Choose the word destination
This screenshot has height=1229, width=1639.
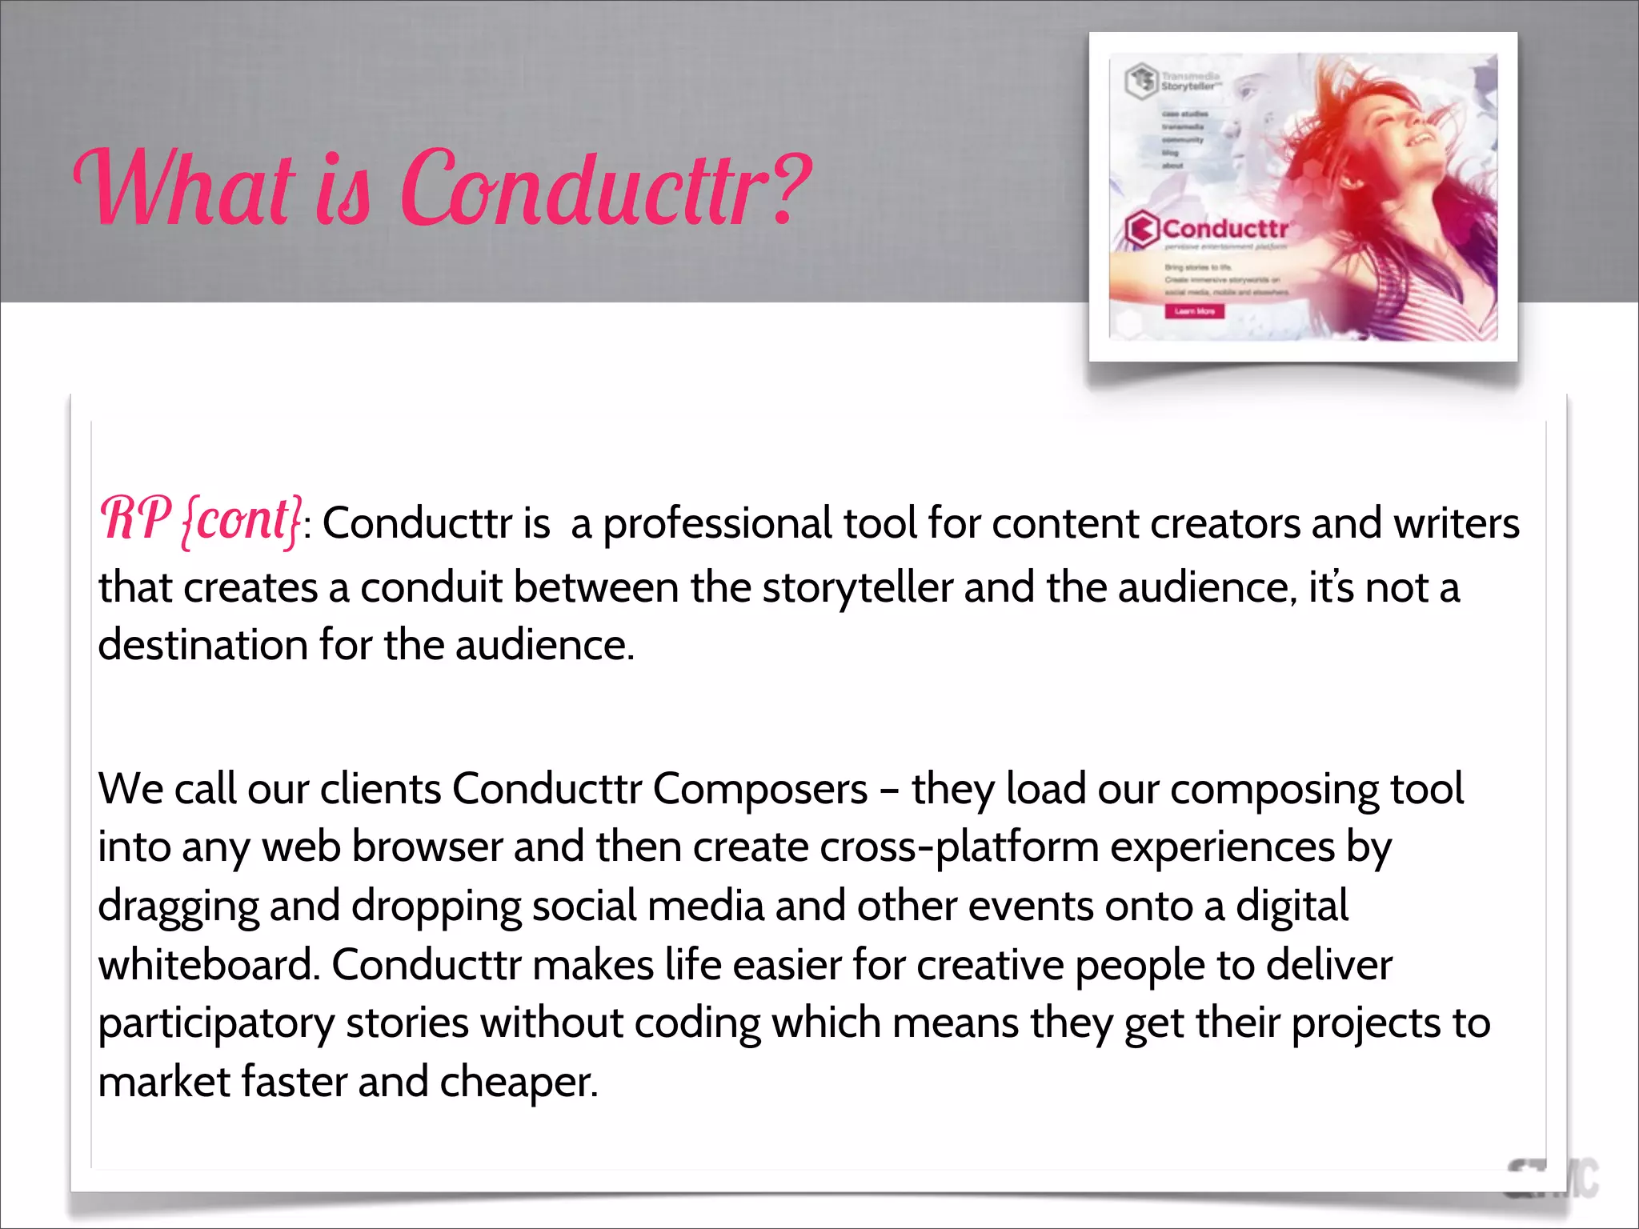pos(202,645)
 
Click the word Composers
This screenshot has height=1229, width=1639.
pos(760,790)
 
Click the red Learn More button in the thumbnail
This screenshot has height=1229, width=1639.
pos(1194,311)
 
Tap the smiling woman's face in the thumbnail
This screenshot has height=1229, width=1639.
pos(1393,128)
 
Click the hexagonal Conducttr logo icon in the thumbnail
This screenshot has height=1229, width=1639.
pos(1142,229)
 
